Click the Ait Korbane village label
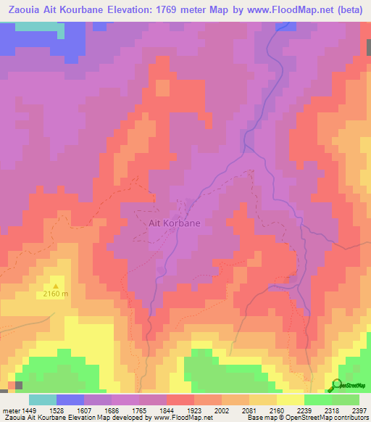[x=175, y=223]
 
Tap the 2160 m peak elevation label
[x=56, y=294]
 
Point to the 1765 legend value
[x=138, y=410]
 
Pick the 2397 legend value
[x=359, y=410]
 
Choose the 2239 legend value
[x=304, y=410]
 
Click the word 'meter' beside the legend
[x=9, y=410]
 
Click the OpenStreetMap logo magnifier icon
[x=336, y=384]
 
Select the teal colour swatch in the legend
[x=42, y=400]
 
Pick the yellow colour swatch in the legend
[x=290, y=400]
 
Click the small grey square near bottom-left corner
[x=19, y=385]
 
